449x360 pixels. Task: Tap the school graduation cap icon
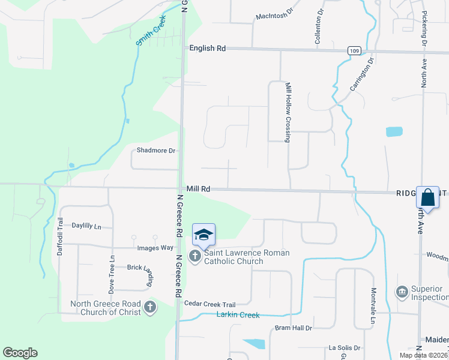pyautogui.click(x=203, y=234)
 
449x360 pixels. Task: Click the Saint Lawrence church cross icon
pyautogui.click(x=194, y=257)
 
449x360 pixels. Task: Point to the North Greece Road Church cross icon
pyautogui.click(x=150, y=308)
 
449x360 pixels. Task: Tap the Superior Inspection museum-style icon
pyautogui.click(x=402, y=292)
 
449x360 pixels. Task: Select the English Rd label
pyautogui.click(x=207, y=48)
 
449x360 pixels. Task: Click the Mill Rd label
pyautogui.click(x=198, y=188)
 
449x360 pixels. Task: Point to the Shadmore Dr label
pyautogui.click(x=155, y=151)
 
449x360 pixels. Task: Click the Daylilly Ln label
pyautogui.click(x=86, y=226)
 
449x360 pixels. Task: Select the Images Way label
pyautogui.click(x=155, y=247)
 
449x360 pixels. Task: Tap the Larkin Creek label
pyautogui.click(x=239, y=314)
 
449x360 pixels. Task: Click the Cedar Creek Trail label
pyautogui.click(x=209, y=304)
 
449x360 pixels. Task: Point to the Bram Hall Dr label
pyautogui.click(x=294, y=328)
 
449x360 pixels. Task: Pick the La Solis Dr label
pyautogui.click(x=344, y=347)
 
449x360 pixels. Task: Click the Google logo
pyautogui.click(x=20, y=353)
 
